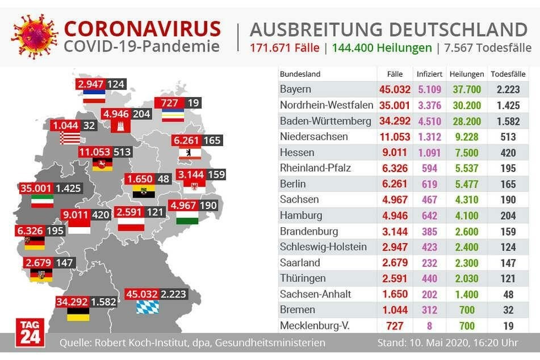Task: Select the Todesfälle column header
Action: point(508,74)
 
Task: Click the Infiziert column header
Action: point(429,74)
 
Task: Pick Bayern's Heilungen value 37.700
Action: point(466,90)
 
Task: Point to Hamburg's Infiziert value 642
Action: point(429,216)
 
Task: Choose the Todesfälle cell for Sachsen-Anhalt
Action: point(508,294)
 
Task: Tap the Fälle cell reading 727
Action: point(395,326)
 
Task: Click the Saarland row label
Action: point(300,263)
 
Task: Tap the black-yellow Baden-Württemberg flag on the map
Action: point(78,314)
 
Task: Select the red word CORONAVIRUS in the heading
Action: point(142,28)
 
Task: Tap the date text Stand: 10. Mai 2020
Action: point(420,343)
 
